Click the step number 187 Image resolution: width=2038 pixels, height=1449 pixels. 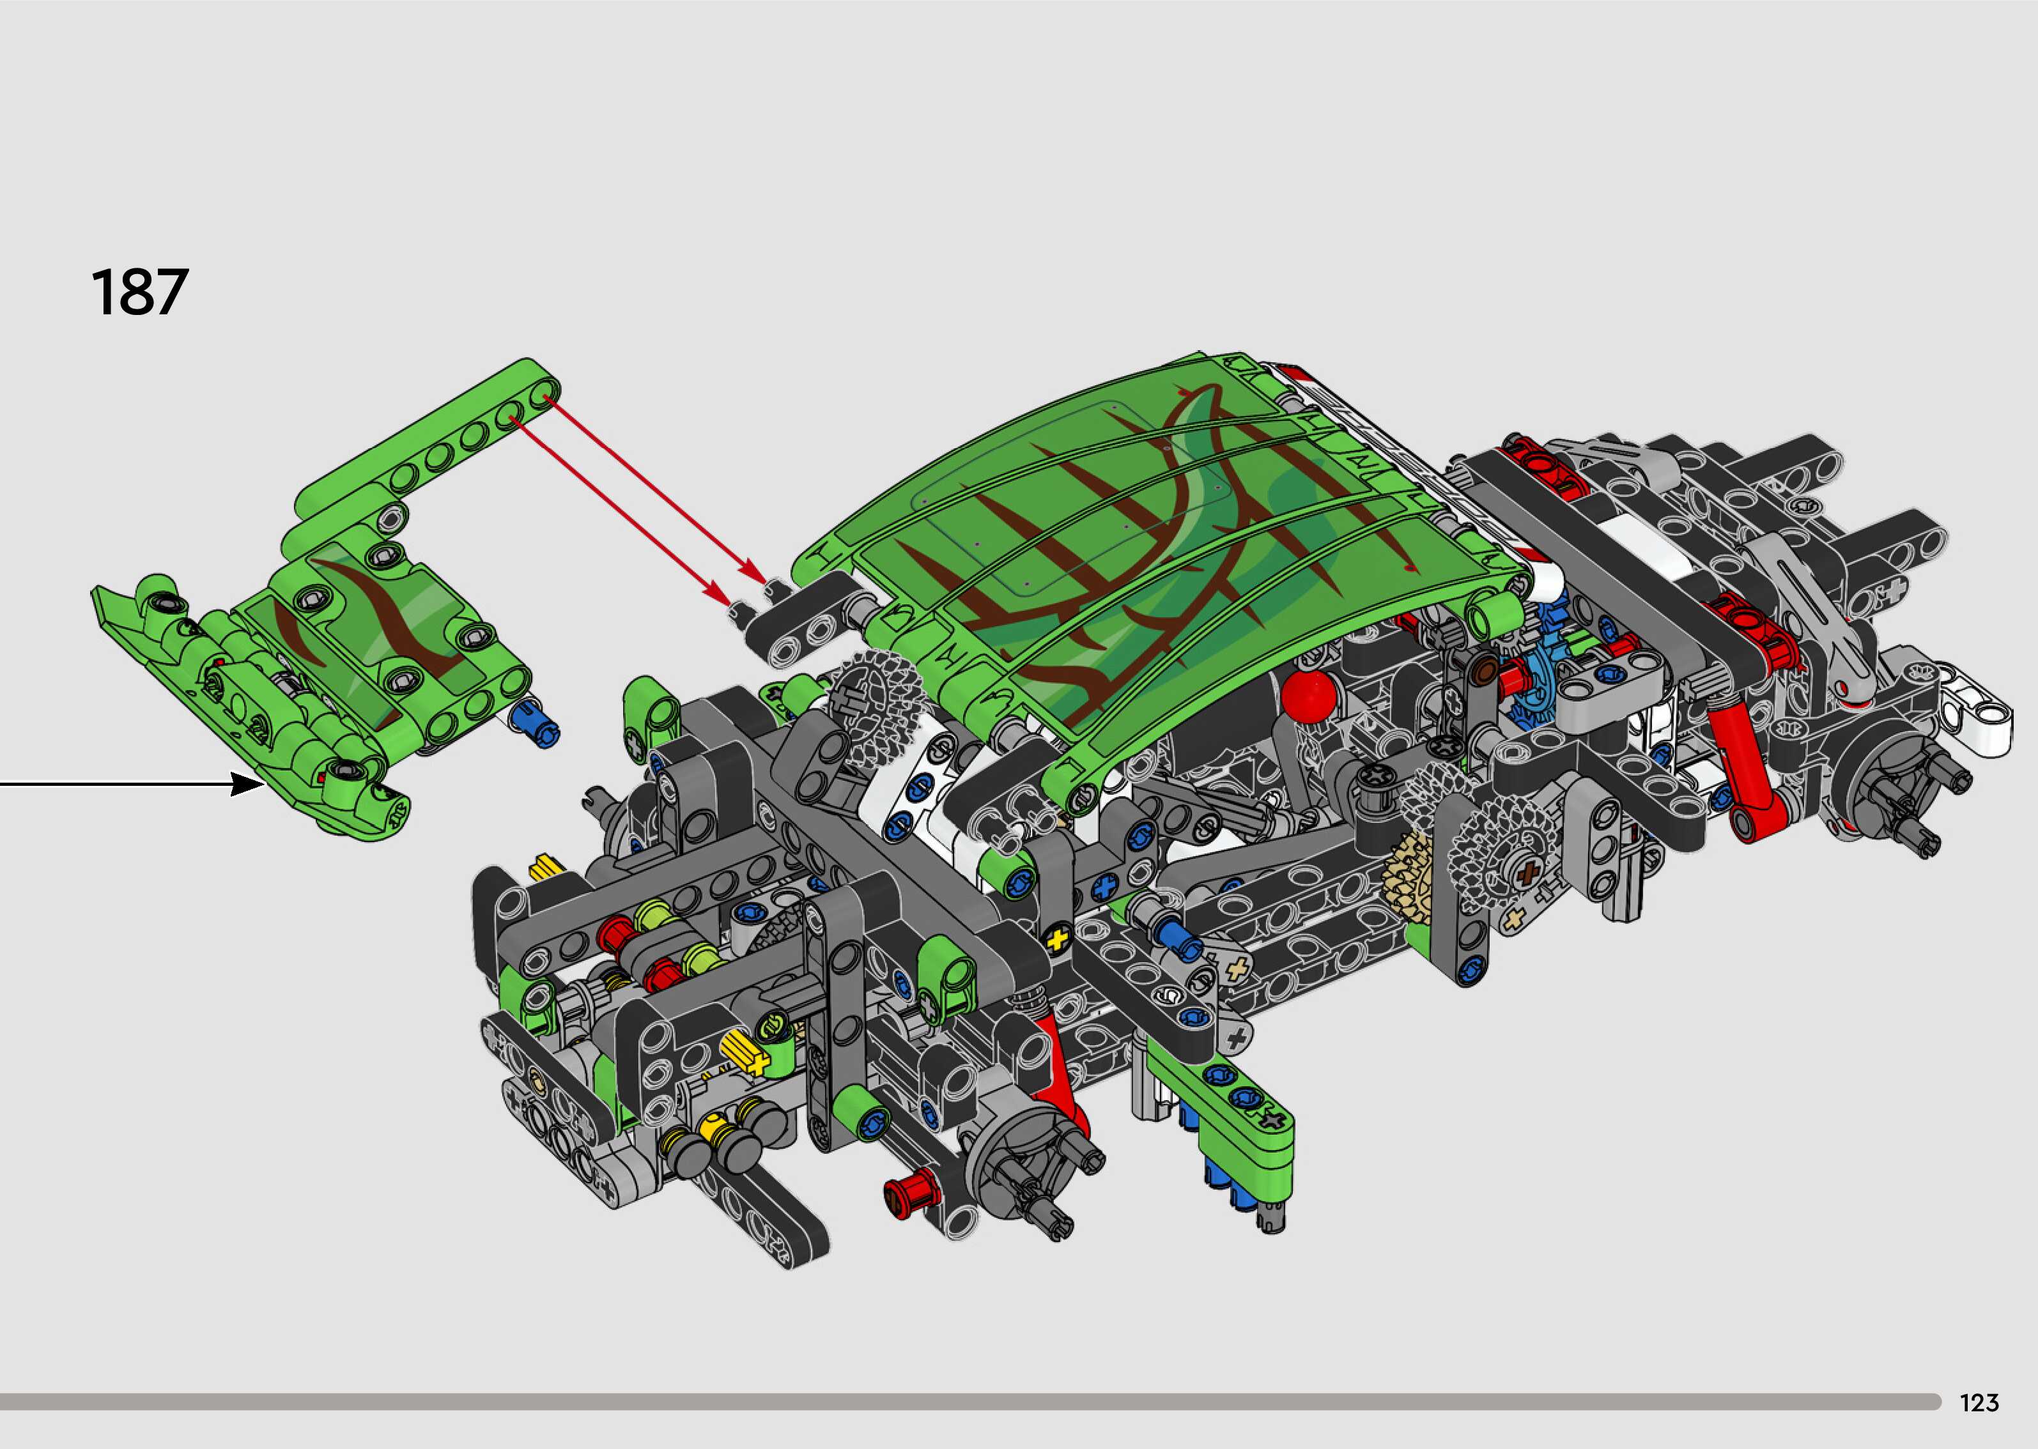(140, 292)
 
